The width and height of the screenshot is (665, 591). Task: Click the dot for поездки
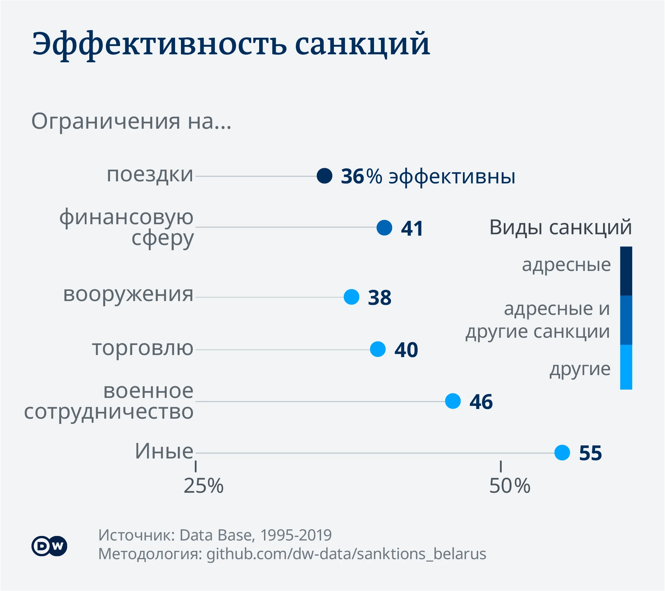point(325,176)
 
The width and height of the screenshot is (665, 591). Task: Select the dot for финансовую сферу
point(384,228)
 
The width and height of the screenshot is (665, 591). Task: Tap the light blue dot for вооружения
point(352,297)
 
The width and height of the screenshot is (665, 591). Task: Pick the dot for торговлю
point(378,349)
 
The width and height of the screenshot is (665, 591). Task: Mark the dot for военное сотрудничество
point(453,401)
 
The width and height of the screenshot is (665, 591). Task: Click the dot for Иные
point(562,453)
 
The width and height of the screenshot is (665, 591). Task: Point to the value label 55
point(591,453)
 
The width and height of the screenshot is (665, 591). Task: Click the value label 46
point(481,402)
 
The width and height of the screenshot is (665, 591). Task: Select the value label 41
point(412,228)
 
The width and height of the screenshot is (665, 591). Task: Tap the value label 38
point(380,298)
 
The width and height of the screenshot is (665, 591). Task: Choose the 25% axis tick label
point(203,486)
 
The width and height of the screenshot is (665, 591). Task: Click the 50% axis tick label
point(510,486)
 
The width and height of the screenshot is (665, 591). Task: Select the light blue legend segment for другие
point(626,367)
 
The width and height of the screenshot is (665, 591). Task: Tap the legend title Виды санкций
point(561,227)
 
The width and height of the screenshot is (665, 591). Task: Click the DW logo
point(49,546)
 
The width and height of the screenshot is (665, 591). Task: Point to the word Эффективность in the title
point(159,44)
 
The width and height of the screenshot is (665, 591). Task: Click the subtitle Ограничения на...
point(131,121)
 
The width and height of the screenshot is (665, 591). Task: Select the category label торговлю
point(143,348)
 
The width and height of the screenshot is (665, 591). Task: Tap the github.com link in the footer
point(346,554)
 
